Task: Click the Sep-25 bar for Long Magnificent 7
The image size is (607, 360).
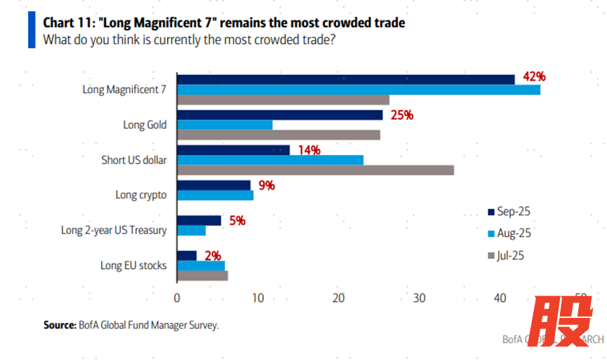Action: click(x=345, y=79)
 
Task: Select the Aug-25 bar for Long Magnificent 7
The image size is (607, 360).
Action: click(x=359, y=90)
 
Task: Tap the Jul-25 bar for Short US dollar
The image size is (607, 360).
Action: click(x=315, y=170)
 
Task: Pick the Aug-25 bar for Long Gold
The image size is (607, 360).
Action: click(x=225, y=125)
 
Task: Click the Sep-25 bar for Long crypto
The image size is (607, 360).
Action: click(x=213, y=185)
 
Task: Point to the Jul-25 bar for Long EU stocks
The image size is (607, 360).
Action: click(x=202, y=276)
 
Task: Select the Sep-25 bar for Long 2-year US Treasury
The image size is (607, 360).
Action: click(x=199, y=220)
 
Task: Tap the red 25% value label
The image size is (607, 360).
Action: click(x=401, y=114)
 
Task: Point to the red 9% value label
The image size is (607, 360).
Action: click(x=265, y=185)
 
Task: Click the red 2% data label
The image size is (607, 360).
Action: click(x=213, y=255)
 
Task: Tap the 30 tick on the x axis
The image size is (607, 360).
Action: click(x=419, y=298)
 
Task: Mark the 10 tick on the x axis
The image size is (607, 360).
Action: click(x=258, y=298)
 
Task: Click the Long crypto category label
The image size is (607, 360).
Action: click(x=141, y=195)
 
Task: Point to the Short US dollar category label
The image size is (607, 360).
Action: click(x=134, y=160)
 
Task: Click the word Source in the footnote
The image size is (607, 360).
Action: click(x=59, y=325)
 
